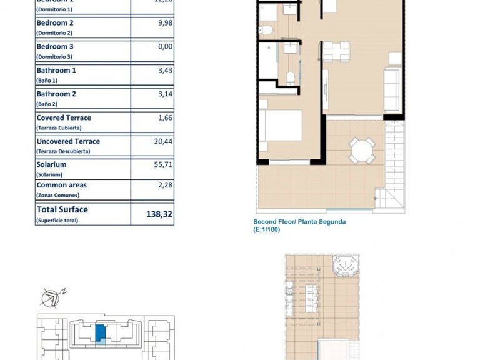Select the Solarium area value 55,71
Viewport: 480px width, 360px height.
[x=164, y=164]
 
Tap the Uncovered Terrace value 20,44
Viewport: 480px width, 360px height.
[x=164, y=141]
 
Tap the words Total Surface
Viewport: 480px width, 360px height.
[x=62, y=210]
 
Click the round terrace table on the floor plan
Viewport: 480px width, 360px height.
[x=362, y=150]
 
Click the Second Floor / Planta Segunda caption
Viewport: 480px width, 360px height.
[x=299, y=222]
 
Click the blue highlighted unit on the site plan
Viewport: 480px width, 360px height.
[x=100, y=333]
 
